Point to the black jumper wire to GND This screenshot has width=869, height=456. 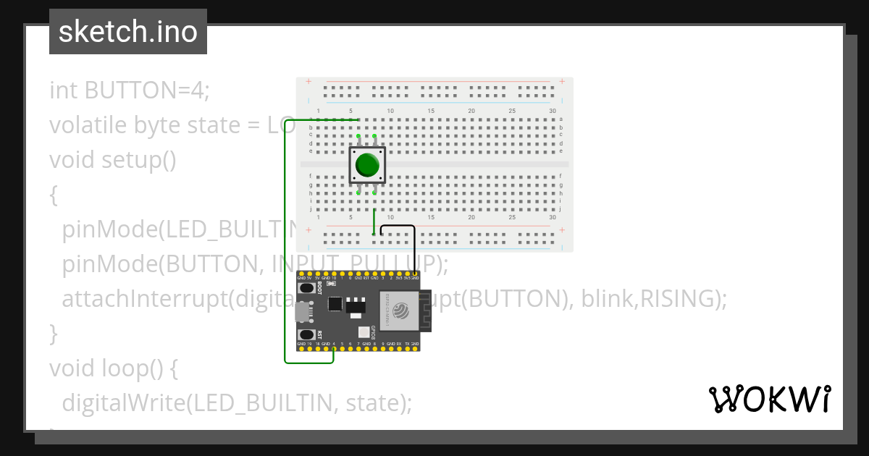coord(399,227)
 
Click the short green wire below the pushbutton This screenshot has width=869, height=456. coord(374,220)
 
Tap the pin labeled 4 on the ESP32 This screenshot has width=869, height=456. coord(333,350)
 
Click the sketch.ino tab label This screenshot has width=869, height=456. coord(128,32)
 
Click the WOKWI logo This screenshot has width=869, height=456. coord(770,399)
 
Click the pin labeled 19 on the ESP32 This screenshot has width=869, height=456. coord(308,350)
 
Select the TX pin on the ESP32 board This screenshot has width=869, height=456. coord(407,350)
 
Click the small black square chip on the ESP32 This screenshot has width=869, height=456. coord(334,304)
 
